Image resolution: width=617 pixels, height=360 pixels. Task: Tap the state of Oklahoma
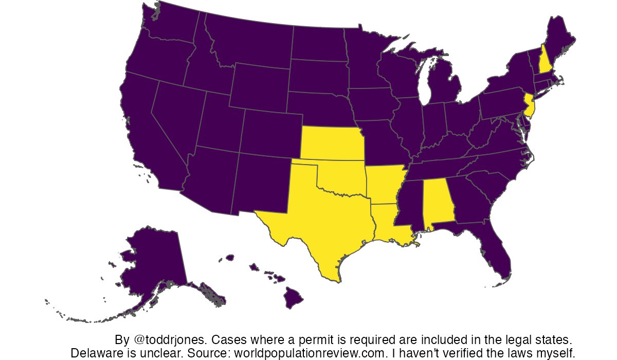click(344, 177)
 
